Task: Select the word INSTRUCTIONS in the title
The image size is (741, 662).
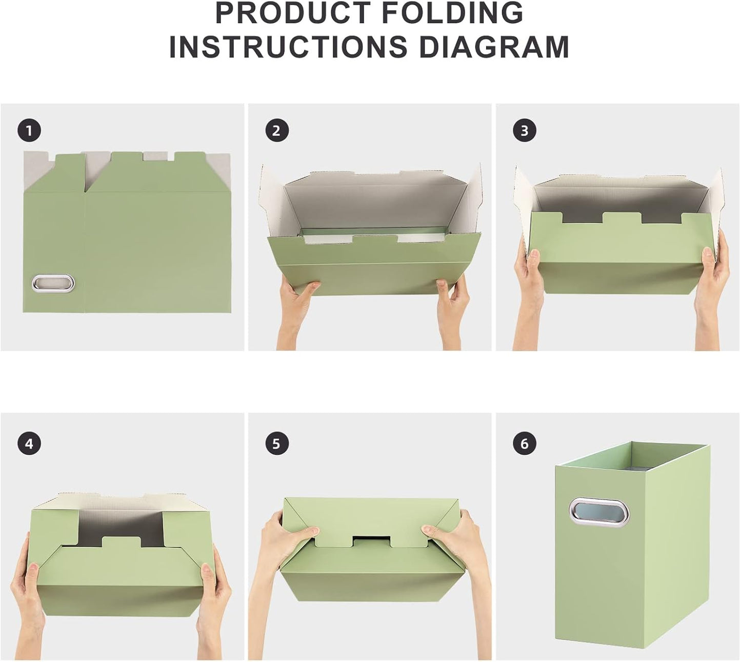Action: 288,47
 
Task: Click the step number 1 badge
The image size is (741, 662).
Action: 29,131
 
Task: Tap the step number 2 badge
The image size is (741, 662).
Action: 277,131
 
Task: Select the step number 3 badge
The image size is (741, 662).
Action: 524,131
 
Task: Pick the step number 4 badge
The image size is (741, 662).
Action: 29,443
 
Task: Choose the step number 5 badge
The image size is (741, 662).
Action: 277,443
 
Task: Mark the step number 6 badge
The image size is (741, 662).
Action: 524,443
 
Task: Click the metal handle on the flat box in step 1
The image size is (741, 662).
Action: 53,283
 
